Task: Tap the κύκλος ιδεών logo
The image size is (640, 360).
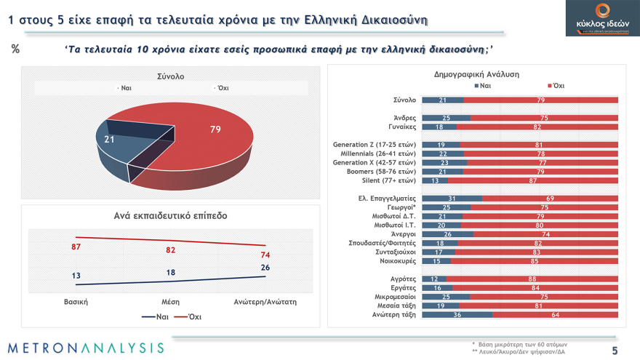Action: [x=602, y=18]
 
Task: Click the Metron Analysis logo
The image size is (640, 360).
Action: [x=87, y=348]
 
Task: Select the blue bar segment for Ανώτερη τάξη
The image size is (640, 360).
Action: [x=457, y=315]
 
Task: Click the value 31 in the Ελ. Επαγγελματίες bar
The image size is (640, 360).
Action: [x=452, y=199]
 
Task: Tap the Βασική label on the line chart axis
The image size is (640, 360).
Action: [x=76, y=301]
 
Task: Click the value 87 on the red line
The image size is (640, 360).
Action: [x=76, y=248]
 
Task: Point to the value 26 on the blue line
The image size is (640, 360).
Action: [x=265, y=268]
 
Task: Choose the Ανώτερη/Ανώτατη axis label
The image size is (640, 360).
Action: [x=265, y=301]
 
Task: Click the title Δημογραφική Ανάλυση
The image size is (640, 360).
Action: [x=476, y=74]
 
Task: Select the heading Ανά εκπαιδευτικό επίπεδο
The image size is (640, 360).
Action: [x=170, y=216]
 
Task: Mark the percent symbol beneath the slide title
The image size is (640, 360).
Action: [x=15, y=49]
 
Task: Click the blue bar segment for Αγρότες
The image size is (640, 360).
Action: [x=433, y=279]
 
